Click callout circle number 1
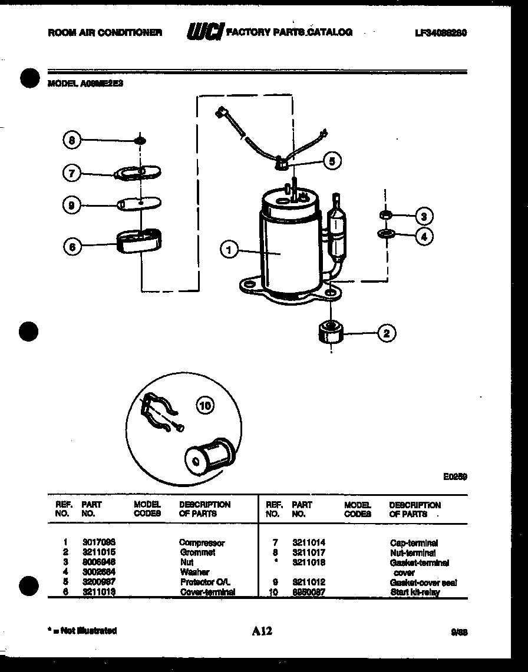coord(229,250)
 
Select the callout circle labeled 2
coord(386,333)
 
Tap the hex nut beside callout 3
coord(385,214)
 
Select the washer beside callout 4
coord(386,236)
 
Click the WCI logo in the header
coord(204,32)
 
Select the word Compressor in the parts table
coord(202,542)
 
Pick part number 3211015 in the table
coord(98,552)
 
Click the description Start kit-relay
coord(414,592)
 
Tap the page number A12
coord(262,631)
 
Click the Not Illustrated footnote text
coord(82,631)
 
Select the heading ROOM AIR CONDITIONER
coord(105,33)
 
